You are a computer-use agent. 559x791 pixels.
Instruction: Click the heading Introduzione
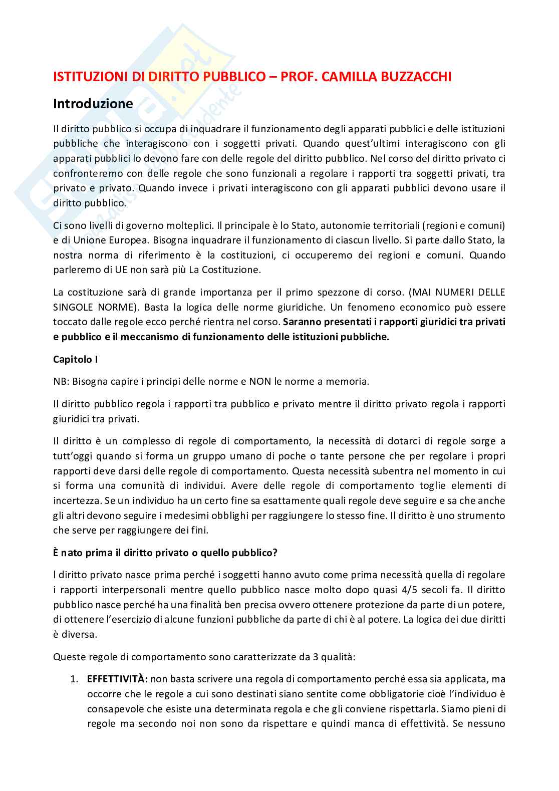coord(93,104)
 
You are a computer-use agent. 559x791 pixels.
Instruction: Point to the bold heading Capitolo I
coord(73,360)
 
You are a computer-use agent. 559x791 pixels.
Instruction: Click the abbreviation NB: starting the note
coord(61,381)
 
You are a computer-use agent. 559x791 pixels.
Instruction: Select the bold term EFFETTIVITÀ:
coord(117,679)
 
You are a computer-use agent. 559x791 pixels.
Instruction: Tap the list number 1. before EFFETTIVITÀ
coord(74,679)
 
